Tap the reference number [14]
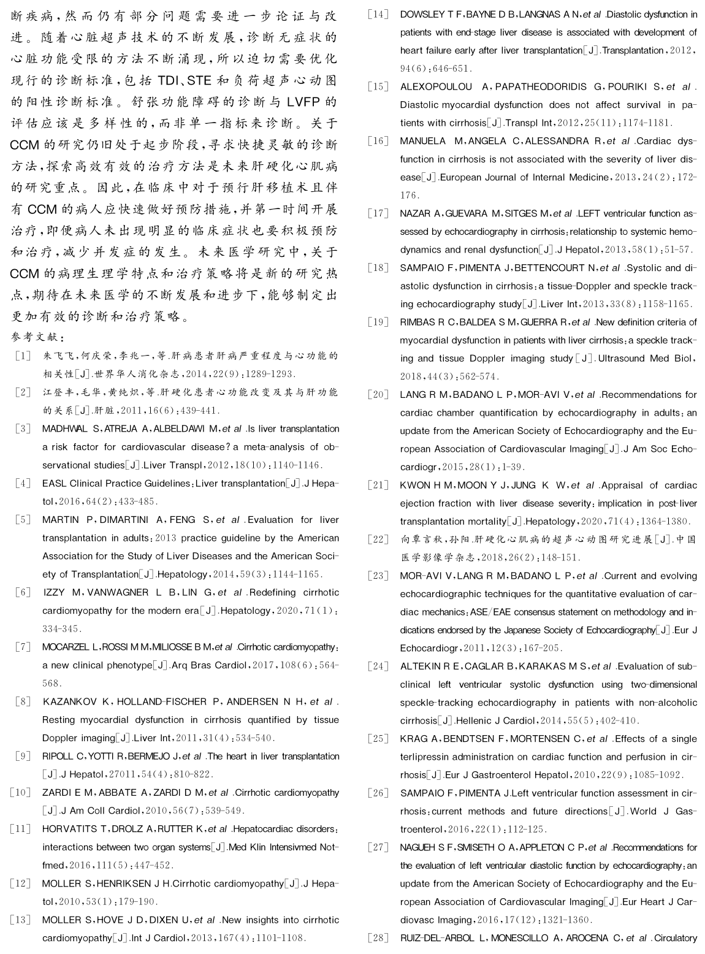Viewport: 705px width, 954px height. (378, 14)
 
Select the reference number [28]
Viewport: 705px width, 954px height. (378, 937)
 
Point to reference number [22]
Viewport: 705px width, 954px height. (378, 540)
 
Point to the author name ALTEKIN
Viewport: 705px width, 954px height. (420, 666)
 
